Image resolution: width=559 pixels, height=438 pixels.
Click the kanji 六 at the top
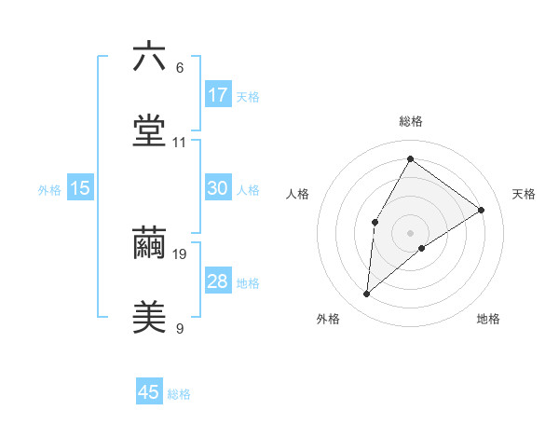click(x=149, y=58)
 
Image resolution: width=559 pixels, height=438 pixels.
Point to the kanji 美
click(x=149, y=316)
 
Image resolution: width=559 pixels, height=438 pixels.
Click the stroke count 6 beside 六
click(x=180, y=68)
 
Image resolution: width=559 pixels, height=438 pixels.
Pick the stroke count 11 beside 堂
click(x=180, y=143)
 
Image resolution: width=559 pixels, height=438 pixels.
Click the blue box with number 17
click(x=218, y=94)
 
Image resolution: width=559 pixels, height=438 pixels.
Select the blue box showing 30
click(x=218, y=188)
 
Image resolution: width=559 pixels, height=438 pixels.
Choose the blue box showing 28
click(x=218, y=281)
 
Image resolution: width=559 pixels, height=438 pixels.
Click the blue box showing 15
click(x=80, y=188)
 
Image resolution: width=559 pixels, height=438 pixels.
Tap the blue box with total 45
click(x=149, y=392)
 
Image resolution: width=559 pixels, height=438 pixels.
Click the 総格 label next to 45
click(x=179, y=394)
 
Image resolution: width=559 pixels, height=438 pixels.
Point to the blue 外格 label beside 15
click(x=49, y=190)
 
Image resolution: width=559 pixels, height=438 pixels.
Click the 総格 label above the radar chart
click(x=410, y=121)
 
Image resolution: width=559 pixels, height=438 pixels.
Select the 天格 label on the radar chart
click(x=524, y=194)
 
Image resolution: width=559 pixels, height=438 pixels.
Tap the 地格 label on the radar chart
click(x=488, y=319)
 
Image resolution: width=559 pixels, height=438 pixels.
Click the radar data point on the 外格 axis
click(x=367, y=294)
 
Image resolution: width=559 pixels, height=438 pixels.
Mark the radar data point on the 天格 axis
click(x=481, y=210)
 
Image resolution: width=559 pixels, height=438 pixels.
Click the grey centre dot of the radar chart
click(x=410, y=232)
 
